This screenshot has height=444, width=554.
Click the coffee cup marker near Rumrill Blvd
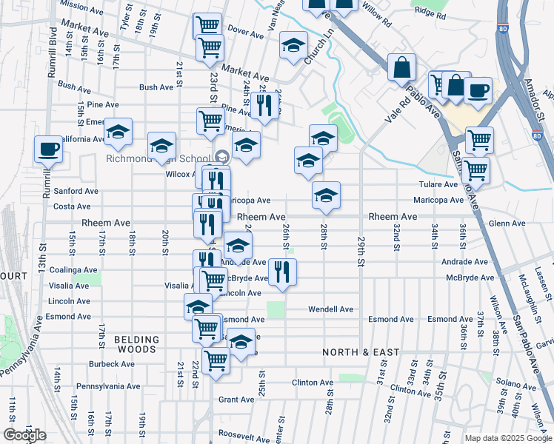click(x=49, y=149)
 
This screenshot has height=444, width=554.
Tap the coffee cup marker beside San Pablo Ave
click(x=478, y=90)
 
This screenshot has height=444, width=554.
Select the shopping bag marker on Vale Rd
click(x=401, y=68)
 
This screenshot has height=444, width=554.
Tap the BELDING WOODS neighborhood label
click(x=136, y=344)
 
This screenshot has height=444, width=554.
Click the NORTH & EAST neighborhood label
click(x=361, y=352)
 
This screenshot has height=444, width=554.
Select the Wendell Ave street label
click(x=330, y=309)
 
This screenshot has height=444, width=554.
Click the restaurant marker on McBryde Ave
click(x=281, y=272)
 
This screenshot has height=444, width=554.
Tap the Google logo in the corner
click(x=24, y=435)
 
